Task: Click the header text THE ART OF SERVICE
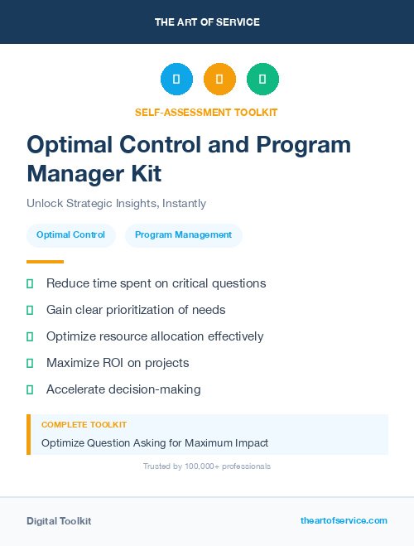[x=207, y=22]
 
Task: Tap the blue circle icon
[x=176, y=80]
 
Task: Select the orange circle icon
[x=219, y=80]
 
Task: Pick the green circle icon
[x=262, y=80]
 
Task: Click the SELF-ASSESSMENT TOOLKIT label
[x=207, y=112]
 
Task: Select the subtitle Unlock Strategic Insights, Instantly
[x=116, y=203]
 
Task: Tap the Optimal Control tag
[x=71, y=235]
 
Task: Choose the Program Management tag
[x=183, y=235]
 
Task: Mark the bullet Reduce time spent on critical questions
[x=156, y=283]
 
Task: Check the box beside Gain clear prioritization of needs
[x=30, y=310]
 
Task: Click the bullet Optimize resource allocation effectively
[x=155, y=336]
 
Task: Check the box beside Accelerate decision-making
[x=30, y=389]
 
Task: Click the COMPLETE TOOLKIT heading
[x=84, y=424]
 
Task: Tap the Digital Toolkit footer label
[x=59, y=521]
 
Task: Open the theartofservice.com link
[x=344, y=520]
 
